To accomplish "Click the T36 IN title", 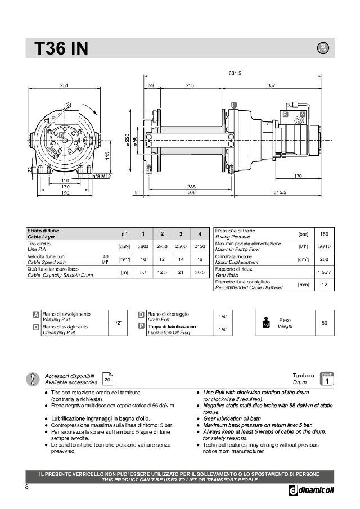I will point(61,49).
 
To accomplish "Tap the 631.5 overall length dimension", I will point(235,74).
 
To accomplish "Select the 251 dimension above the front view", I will point(64,85).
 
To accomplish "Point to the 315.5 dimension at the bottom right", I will point(280,193).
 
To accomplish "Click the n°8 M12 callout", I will point(102,177).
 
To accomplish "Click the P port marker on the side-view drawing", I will point(233,105).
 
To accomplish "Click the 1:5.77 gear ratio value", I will point(323,272).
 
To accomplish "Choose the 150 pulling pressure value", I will point(323,234).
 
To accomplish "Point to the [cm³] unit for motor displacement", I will point(303,259).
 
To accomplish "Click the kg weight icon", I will point(266,323).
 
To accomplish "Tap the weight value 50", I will point(324,323).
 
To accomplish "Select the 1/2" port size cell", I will point(118,323).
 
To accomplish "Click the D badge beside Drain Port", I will point(141,314).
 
